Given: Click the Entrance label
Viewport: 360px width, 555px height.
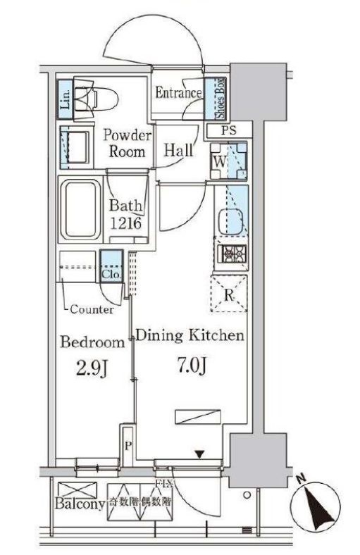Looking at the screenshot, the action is click(x=178, y=93).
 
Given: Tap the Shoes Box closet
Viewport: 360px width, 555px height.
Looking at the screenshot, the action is click(x=216, y=98).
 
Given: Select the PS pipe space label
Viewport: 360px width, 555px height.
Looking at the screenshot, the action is click(x=229, y=130).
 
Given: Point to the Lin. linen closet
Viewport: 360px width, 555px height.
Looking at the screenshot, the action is click(x=66, y=99).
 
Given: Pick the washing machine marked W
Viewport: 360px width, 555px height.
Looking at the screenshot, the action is click(x=228, y=161).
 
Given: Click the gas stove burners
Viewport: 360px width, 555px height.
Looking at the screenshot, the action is click(x=232, y=254).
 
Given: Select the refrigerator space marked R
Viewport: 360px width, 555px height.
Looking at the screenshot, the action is click(x=229, y=294).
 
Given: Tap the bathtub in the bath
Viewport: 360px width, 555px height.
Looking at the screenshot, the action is click(x=80, y=211).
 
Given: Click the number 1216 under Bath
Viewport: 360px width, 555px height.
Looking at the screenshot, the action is click(x=125, y=223).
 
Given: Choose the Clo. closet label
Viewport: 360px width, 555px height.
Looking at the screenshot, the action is click(x=111, y=274).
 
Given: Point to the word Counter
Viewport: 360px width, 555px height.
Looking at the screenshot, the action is click(x=92, y=309).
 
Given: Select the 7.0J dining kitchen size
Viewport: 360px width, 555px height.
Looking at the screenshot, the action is click(x=191, y=366).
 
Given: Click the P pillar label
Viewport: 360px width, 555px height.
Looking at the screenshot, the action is click(x=128, y=446).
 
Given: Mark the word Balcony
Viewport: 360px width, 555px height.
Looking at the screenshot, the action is click(x=80, y=504).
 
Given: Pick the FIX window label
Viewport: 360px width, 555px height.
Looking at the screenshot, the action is click(x=163, y=483).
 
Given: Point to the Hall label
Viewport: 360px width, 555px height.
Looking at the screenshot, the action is click(x=178, y=151).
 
